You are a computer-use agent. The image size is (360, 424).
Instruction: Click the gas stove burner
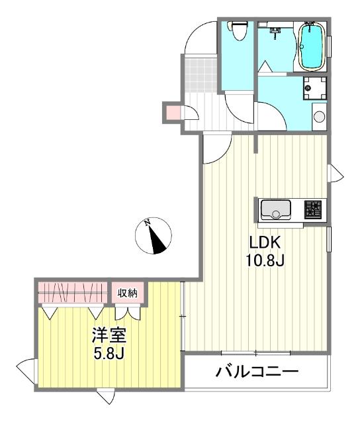click(313, 210)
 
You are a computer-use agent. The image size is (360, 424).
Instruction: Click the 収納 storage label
click(127, 291)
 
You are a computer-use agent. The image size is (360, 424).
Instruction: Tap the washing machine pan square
click(314, 87)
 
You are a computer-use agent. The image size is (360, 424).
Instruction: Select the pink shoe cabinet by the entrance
click(171, 113)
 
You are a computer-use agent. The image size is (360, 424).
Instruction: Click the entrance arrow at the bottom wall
click(105, 397)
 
